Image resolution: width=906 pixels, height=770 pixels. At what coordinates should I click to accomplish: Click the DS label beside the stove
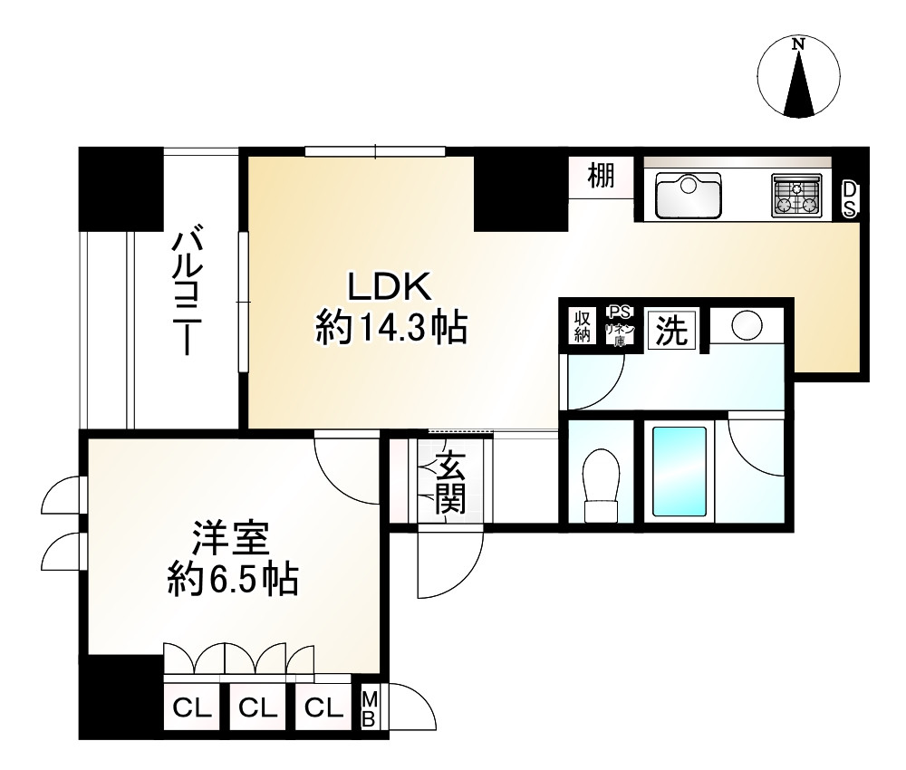(x=849, y=198)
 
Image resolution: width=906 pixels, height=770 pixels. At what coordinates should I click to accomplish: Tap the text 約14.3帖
(x=390, y=327)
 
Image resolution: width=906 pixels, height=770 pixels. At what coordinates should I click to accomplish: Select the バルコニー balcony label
(x=189, y=292)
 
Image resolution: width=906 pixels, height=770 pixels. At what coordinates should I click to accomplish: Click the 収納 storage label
(x=581, y=327)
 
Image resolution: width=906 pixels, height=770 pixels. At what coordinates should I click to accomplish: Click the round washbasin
(x=747, y=325)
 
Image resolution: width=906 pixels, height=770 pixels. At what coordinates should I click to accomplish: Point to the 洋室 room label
(x=230, y=542)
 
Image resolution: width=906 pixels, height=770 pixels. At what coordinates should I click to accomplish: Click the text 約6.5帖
(x=233, y=579)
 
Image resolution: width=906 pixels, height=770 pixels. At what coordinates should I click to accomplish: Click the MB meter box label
(x=370, y=707)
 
